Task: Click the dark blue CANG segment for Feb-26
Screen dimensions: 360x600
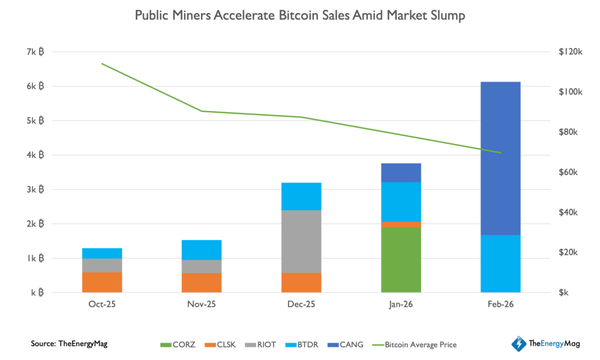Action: pos(500,158)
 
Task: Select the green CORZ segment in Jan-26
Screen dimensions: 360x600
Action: pos(401,260)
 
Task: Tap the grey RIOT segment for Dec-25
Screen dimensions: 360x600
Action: pos(301,241)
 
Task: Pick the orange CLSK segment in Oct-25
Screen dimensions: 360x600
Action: pos(102,282)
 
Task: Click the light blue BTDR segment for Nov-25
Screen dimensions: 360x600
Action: pos(202,250)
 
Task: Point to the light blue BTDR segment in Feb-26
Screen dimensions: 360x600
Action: pos(500,263)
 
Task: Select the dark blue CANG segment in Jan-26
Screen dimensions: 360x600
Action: pos(401,172)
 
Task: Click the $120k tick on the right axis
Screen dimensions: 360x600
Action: pos(571,52)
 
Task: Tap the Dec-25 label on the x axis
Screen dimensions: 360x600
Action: pos(301,304)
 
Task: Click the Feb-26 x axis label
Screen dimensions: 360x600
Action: pos(500,304)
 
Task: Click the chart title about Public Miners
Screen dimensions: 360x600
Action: pos(300,16)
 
